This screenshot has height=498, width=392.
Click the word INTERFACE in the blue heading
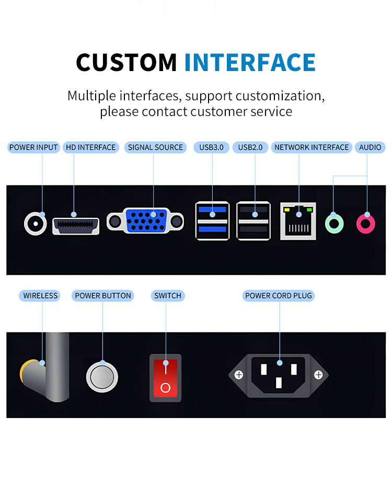click(x=250, y=63)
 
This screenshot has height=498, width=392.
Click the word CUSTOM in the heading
click(x=126, y=63)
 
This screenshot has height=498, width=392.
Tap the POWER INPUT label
click(x=33, y=147)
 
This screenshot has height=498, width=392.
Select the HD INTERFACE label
click(x=90, y=147)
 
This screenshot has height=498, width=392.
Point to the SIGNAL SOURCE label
click(x=155, y=147)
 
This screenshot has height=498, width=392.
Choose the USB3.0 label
click(x=211, y=147)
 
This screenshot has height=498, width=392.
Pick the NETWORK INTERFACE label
click(x=312, y=147)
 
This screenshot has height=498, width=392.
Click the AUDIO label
click(x=370, y=147)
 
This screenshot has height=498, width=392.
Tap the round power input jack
click(x=35, y=224)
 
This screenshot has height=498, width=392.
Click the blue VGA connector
click(x=146, y=221)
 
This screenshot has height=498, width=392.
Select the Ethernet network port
click(x=298, y=221)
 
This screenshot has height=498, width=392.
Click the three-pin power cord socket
click(x=279, y=374)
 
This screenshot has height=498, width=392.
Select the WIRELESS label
click(x=40, y=296)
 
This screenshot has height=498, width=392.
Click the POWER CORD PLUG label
click(x=279, y=296)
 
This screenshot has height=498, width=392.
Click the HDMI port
click(x=76, y=225)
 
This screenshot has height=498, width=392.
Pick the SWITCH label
click(x=168, y=296)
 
